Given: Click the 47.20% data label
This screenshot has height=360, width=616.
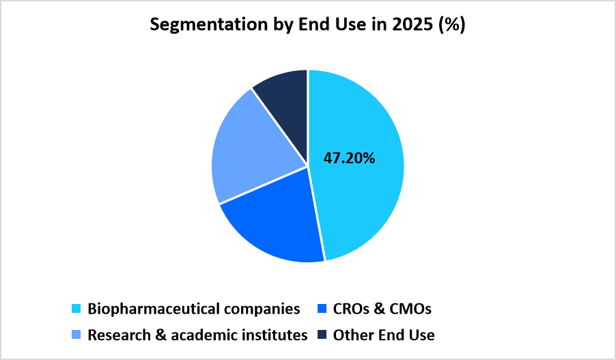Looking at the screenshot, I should click(x=349, y=158).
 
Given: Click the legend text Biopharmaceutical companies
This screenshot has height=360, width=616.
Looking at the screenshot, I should click(x=193, y=309).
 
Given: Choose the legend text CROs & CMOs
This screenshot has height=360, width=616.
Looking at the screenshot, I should click(x=382, y=309).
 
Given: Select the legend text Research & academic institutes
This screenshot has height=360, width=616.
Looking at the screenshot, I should click(x=197, y=335).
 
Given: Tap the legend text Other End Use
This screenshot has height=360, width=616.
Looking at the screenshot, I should click(x=383, y=335).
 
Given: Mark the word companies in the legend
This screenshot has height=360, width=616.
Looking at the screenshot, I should click(x=264, y=309).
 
